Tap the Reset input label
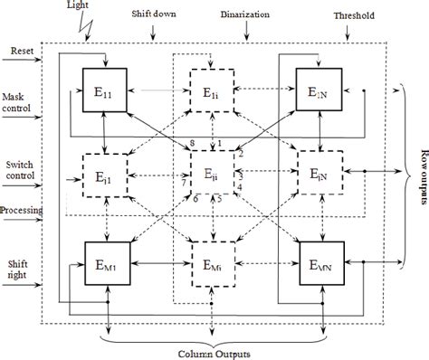click(20, 52)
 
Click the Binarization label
click(256, 15)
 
